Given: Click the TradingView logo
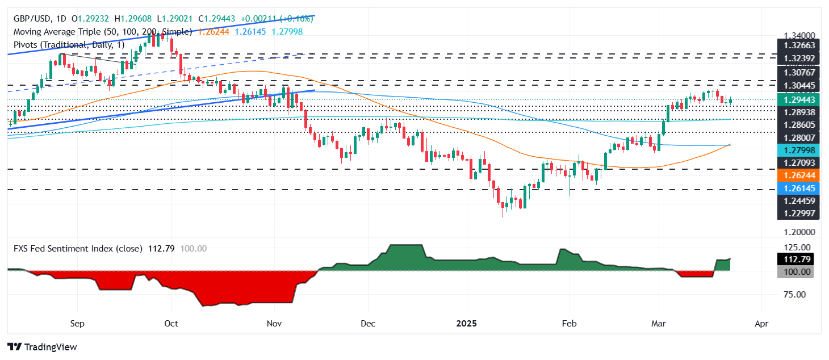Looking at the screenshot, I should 42,347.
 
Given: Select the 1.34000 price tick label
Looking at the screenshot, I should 795,36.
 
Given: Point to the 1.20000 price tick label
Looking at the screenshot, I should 795,233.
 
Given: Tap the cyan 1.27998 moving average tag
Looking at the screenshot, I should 795,150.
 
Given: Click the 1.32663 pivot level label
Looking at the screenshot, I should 795,46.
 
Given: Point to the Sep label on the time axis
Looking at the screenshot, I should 77,324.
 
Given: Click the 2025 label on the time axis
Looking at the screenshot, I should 467,324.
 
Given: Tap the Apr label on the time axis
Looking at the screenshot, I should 761,324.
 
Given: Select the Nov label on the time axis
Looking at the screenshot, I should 274,324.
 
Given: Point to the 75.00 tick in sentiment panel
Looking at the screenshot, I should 795,295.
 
